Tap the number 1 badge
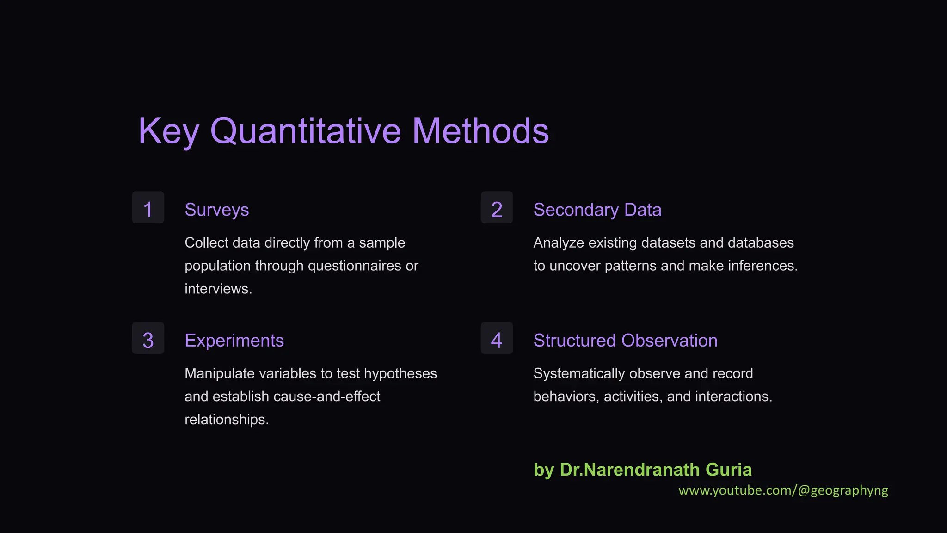(x=148, y=208)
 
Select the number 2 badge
(x=497, y=208)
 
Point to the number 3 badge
(x=148, y=338)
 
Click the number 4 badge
(x=497, y=338)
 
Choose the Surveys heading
(x=216, y=210)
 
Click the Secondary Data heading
(x=597, y=210)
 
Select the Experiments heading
(x=234, y=341)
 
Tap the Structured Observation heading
(x=625, y=341)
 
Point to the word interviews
(x=217, y=289)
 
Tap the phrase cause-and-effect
(x=326, y=397)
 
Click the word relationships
(x=226, y=420)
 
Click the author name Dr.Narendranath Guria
(x=656, y=470)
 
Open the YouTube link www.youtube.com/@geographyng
(x=783, y=490)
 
